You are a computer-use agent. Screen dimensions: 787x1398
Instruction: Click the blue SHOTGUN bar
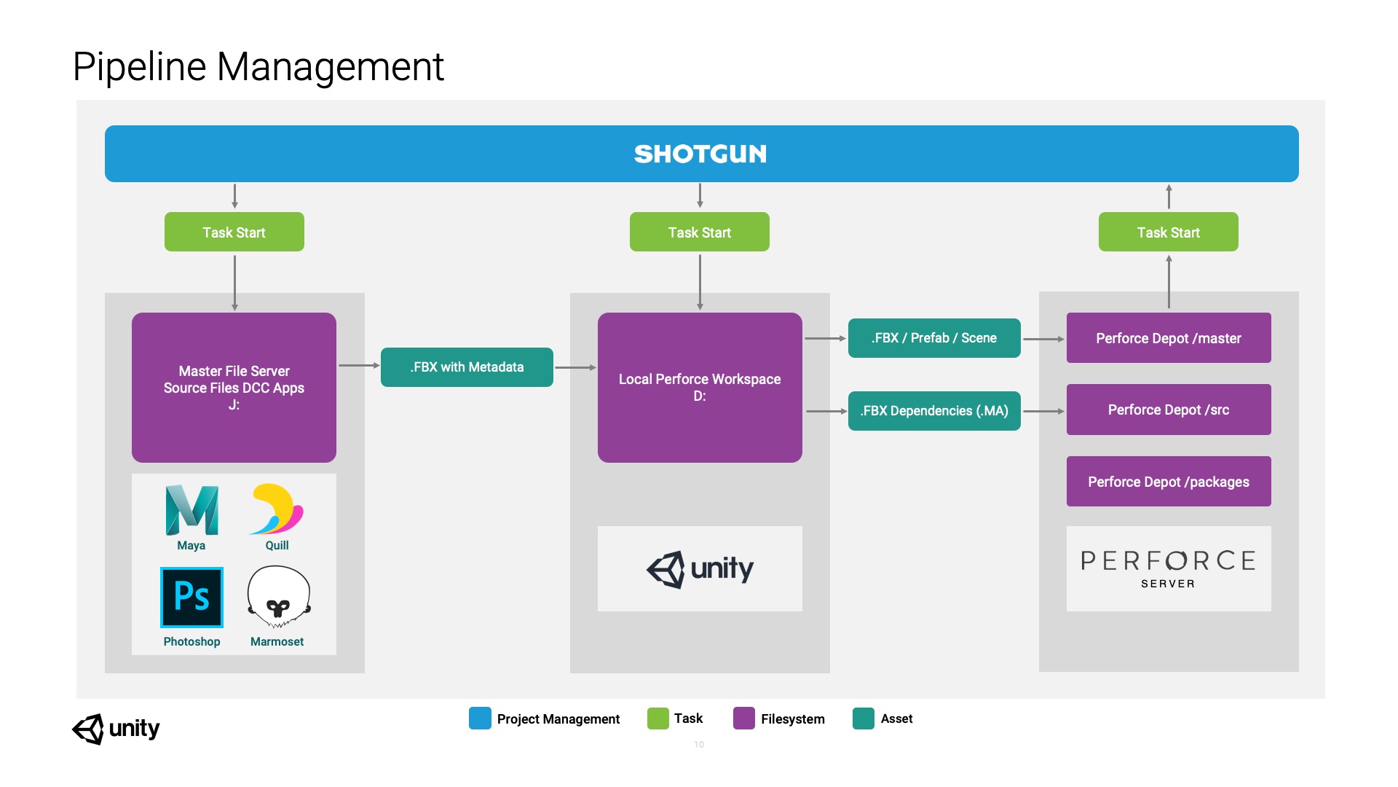701,154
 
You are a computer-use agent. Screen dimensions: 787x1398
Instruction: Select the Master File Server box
234,387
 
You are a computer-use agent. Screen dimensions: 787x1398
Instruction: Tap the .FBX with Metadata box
467,367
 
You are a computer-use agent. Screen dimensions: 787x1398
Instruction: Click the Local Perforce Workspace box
700,387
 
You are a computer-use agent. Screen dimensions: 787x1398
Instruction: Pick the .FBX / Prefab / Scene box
934,338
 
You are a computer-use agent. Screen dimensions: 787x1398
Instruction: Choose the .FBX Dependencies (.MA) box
934,411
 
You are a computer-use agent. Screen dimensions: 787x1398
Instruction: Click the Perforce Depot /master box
1169,338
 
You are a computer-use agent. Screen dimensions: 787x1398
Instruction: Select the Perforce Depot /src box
1169,410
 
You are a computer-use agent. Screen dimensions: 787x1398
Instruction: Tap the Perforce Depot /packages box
1169,482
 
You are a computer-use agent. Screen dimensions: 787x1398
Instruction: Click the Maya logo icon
191,510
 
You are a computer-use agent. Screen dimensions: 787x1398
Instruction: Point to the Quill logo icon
277,509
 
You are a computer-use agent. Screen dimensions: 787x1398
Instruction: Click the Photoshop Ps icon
191,598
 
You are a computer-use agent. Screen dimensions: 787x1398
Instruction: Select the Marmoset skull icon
278,597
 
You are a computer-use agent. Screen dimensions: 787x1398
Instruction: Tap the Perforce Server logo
1169,568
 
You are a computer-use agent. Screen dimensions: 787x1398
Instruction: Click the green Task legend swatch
657,719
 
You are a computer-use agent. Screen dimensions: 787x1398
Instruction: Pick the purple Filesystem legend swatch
743,719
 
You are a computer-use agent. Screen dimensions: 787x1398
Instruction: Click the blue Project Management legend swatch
480,719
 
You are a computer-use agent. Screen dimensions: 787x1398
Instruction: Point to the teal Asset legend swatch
863,719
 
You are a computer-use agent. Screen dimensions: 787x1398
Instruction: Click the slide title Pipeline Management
258,67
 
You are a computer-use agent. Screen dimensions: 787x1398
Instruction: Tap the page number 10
699,745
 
